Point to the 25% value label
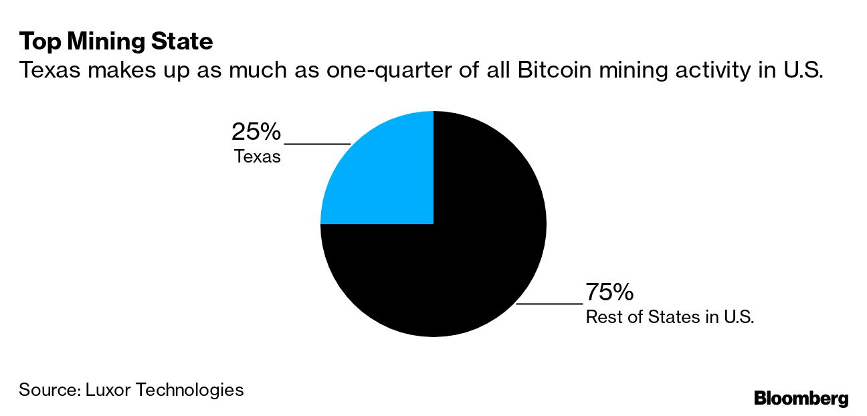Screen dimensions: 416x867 [256, 132]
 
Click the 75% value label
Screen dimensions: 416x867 [609, 292]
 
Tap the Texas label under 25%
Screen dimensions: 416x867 [258, 158]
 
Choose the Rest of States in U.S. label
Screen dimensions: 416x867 [670, 317]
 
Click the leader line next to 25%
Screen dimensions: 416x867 [317, 143]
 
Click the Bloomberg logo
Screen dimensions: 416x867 [801, 399]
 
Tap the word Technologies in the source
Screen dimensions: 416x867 [189, 389]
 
